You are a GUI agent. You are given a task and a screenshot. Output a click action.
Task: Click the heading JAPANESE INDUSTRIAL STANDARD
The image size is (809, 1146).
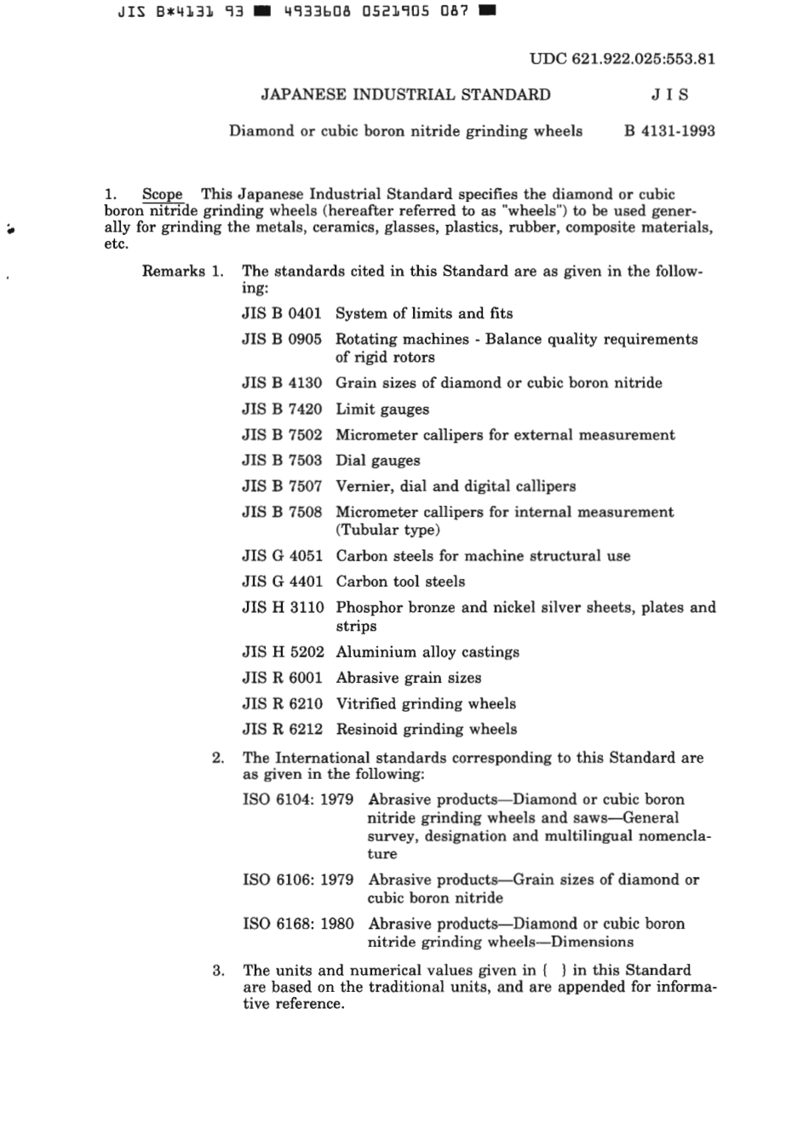[x=405, y=95]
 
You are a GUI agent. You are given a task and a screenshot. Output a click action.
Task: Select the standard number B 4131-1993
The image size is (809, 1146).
[x=669, y=131]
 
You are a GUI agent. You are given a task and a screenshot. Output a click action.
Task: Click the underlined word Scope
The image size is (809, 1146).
[x=162, y=194]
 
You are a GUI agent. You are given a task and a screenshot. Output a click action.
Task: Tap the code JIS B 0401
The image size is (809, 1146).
[x=282, y=313]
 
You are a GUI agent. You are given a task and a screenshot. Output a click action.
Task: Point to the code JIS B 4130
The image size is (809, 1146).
[x=282, y=383]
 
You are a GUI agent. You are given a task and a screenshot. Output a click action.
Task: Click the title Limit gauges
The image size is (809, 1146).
[x=382, y=410]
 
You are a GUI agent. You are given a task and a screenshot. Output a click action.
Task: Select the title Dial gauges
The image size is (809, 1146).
[x=378, y=461]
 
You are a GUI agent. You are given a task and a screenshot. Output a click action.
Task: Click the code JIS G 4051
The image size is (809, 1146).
[x=282, y=556]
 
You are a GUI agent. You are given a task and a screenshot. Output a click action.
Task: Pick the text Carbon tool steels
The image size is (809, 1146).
[x=400, y=582]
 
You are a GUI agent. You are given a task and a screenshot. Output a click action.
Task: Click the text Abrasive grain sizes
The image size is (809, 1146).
[x=409, y=678]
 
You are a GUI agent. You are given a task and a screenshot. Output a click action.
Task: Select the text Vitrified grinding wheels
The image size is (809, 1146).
[x=426, y=703]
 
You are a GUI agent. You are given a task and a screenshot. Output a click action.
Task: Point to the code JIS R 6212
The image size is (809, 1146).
[x=282, y=729]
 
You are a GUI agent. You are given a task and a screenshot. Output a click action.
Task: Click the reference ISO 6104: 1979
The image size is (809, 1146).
[x=298, y=799]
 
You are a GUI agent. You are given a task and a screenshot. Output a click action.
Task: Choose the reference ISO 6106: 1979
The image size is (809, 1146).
[x=298, y=880]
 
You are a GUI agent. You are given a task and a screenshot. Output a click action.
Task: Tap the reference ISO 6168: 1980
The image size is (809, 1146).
[x=298, y=924]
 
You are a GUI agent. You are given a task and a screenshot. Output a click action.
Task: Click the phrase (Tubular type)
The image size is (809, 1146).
[x=387, y=530]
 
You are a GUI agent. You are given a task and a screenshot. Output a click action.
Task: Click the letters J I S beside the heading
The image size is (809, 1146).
[x=670, y=95]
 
